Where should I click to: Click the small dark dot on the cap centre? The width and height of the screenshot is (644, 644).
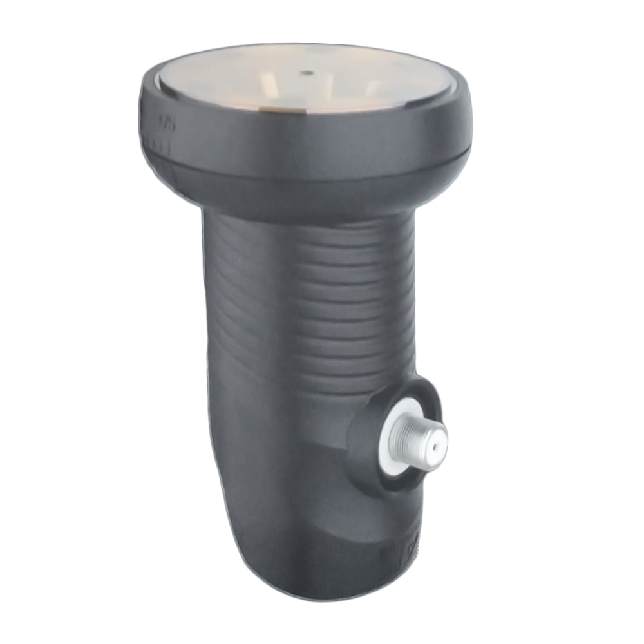click(308, 73)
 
